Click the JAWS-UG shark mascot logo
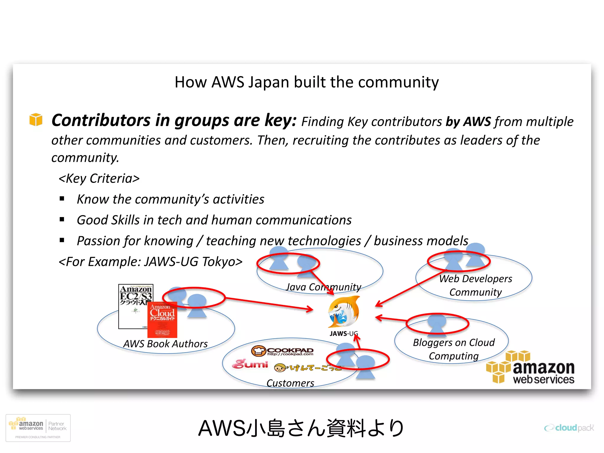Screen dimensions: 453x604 (344, 312)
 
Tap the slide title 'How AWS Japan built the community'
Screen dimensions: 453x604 (306, 82)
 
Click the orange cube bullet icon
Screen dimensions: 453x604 (36, 119)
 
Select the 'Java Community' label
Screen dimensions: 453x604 (323, 287)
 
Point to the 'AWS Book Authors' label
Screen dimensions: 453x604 (165, 344)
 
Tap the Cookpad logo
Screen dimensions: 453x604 (282, 351)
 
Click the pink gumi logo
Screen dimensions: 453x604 (250, 364)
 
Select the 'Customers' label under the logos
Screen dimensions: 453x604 (290, 383)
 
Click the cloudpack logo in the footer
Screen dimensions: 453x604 (569, 428)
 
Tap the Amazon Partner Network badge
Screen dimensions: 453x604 (38, 428)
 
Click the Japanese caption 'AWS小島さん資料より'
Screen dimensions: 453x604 (301, 428)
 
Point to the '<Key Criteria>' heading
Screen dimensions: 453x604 (99, 178)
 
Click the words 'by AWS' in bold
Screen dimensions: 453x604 (468, 122)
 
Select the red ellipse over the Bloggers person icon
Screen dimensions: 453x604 (437, 324)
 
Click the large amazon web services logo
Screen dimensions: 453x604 (531, 368)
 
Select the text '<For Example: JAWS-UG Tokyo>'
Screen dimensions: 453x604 (150, 262)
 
